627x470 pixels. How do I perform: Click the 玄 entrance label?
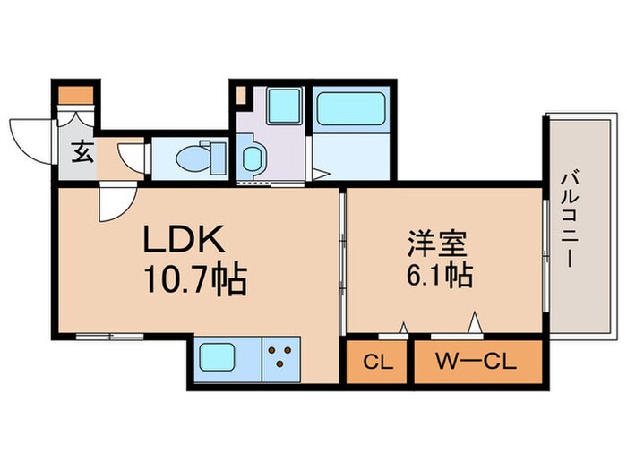point(82,151)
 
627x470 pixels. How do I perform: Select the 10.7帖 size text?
point(192,281)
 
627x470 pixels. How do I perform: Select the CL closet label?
point(376,363)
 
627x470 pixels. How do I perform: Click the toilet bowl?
point(193,158)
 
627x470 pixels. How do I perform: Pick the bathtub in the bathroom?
point(351,109)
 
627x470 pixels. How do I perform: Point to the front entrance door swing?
point(29,141)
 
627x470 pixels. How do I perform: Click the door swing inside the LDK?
point(117,202)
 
